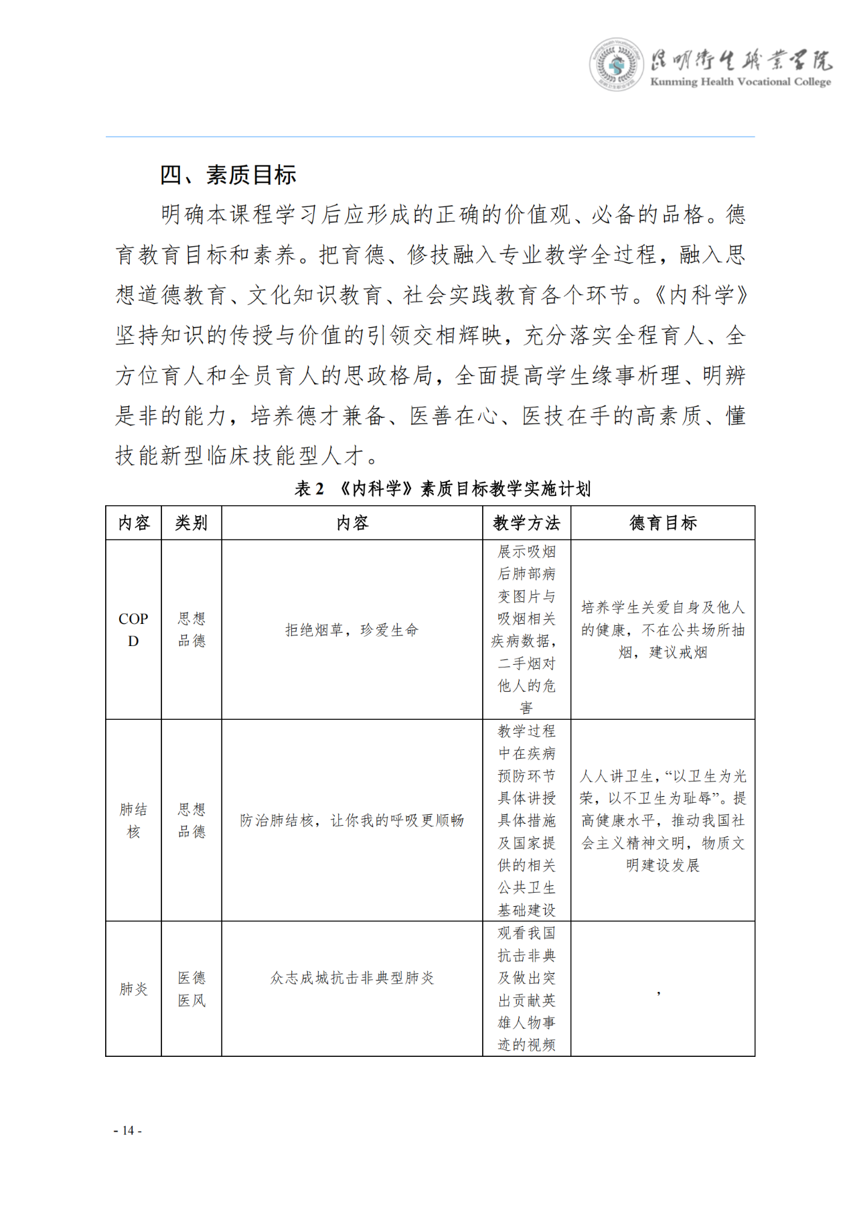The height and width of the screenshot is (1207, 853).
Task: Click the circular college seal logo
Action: (x=616, y=65)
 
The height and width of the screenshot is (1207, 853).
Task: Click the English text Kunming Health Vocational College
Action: (x=741, y=82)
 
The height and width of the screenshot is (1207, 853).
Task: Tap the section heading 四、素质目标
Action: (x=228, y=175)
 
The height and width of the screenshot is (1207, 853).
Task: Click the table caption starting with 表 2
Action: (x=443, y=489)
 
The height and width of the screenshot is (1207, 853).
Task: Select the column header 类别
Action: (x=191, y=523)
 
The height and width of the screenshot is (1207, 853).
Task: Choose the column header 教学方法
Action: (x=526, y=523)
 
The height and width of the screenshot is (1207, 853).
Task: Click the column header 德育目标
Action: (x=663, y=523)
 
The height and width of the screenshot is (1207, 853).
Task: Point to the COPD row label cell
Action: (x=133, y=629)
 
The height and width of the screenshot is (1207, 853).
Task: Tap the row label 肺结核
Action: (x=133, y=820)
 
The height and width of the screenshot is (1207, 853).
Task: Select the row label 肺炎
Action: (x=133, y=989)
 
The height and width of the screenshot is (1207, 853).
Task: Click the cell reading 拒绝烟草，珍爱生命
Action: (x=352, y=630)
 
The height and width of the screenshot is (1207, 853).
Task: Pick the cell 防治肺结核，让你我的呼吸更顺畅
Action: (x=352, y=820)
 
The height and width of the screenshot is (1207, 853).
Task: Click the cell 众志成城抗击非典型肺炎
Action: (x=352, y=978)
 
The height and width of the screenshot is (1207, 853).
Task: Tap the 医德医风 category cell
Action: (x=191, y=989)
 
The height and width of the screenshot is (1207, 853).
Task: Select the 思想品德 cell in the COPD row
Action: (x=191, y=629)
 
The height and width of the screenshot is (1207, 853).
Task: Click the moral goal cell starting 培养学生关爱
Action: (x=663, y=629)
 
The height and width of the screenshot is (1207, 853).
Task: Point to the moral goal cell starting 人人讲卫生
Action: (x=663, y=820)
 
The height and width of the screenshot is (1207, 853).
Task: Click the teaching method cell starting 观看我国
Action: (x=526, y=989)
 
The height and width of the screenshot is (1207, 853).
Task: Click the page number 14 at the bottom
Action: (x=127, y=1131)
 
